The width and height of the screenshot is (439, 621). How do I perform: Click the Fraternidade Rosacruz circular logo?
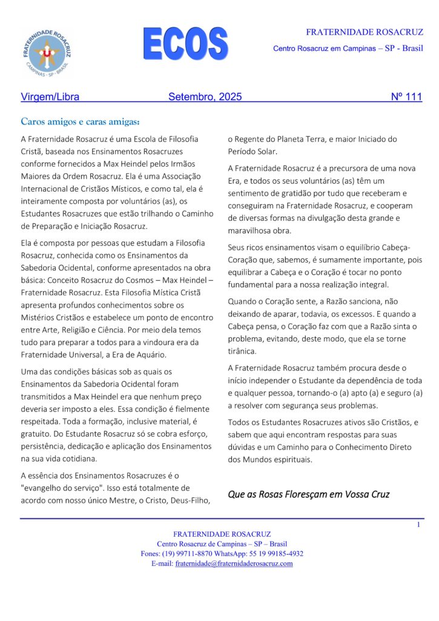(x=47, y=53)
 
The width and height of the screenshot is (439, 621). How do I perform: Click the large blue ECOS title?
(x=185, y=43)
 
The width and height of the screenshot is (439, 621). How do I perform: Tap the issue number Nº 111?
(x=406, y=96)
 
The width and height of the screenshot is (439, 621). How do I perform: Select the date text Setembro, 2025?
(x=205, y=96)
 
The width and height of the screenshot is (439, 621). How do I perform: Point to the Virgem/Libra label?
(x=50, y=96)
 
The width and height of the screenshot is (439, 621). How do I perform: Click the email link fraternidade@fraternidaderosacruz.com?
(x=234, y=563)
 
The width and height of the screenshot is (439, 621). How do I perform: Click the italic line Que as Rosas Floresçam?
(x=308, y=494)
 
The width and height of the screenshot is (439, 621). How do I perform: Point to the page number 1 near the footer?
(x=418, y=525)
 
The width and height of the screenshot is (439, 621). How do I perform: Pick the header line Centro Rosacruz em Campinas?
(x=348, y=48)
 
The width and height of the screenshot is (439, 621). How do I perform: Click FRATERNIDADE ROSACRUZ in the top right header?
(x=364, y=32)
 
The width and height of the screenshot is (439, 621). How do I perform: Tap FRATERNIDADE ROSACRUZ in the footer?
(x=219, y=534)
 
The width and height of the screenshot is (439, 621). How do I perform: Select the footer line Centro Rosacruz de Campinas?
(x=222, y=544)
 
